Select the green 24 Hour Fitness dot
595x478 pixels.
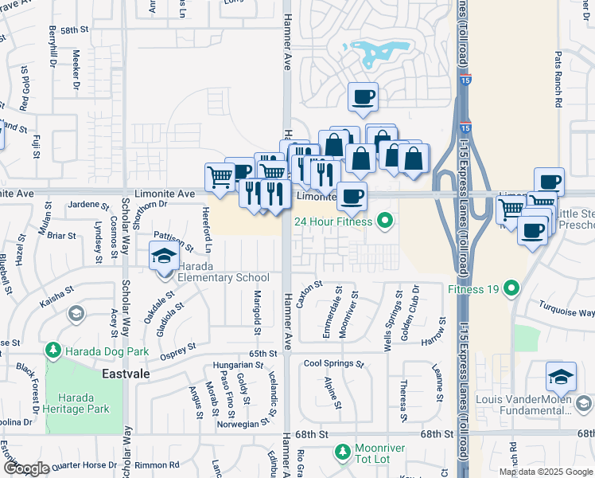[x=386, y=221]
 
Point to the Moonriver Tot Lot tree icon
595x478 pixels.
[x=342, y=453]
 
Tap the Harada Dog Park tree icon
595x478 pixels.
[x=53, y=350]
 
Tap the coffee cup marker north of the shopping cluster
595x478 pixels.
[x=363, y=97]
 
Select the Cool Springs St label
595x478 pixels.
[x=333, y=364]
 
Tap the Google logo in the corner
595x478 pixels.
[x=25, y=468]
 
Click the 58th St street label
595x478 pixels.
[x=72, y=29]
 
